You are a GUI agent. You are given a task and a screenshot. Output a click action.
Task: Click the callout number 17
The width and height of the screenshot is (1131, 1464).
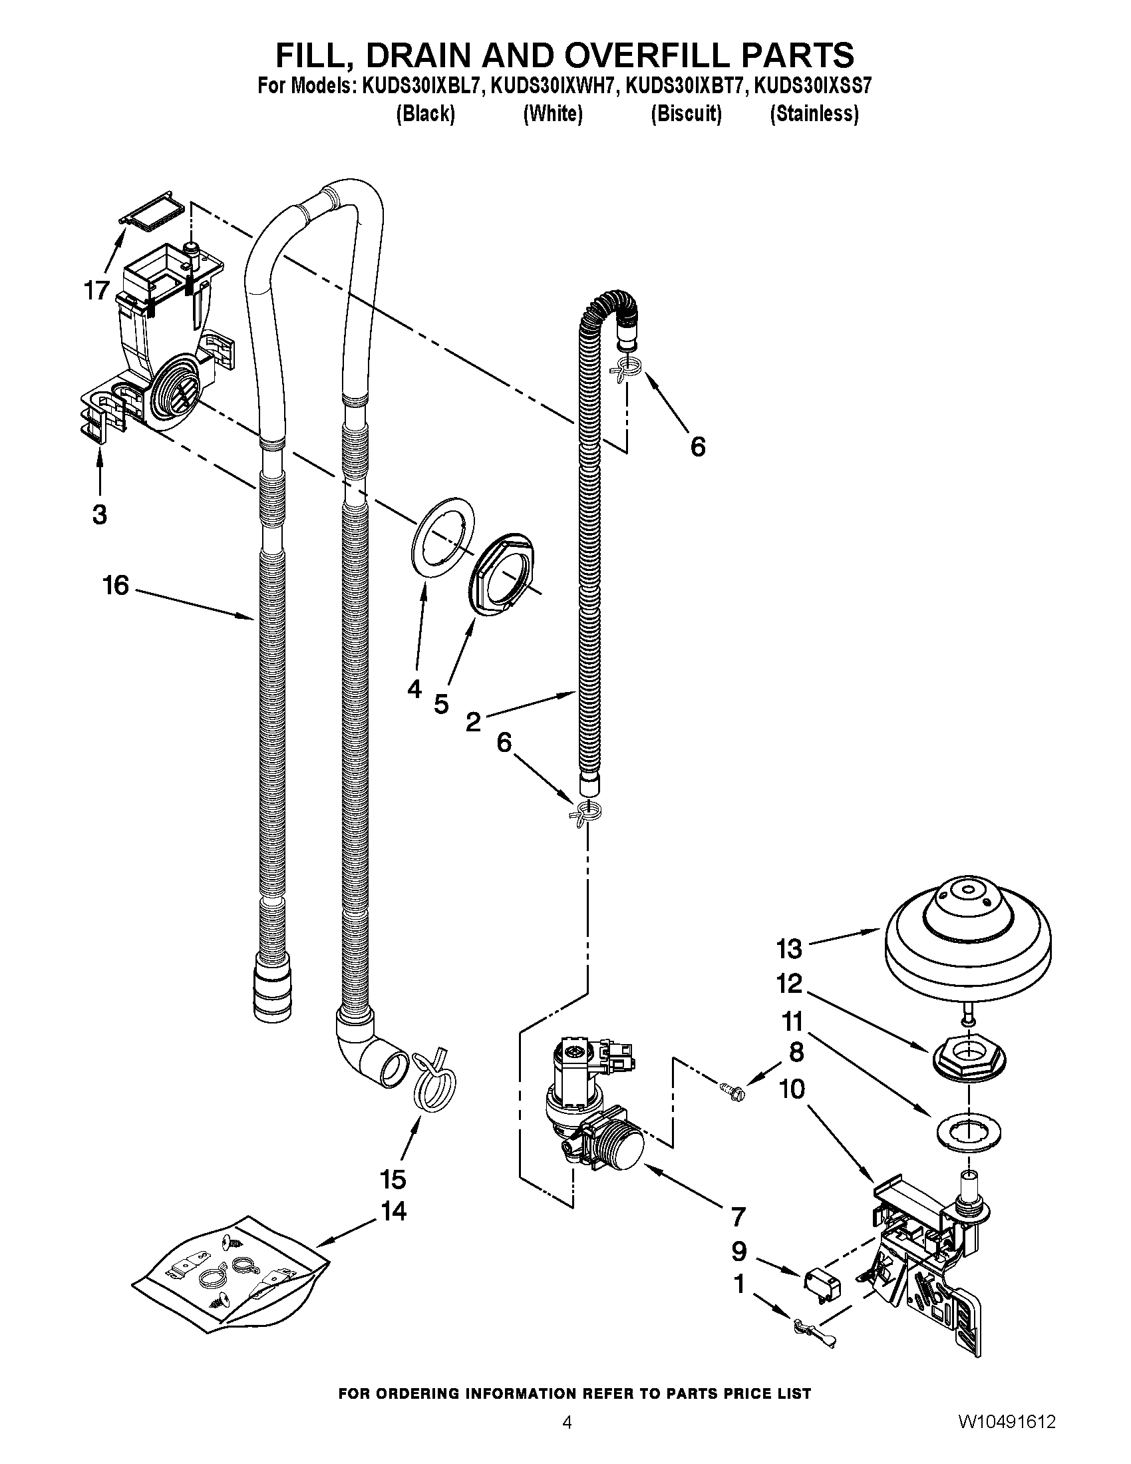coord(96,291)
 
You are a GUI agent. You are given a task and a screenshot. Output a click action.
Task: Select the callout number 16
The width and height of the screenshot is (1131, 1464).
coord(115,585)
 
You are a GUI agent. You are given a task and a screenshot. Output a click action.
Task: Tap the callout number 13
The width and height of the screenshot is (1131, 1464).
coord(788,948)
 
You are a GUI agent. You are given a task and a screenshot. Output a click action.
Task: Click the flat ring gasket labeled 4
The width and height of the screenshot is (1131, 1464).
coord(442,536)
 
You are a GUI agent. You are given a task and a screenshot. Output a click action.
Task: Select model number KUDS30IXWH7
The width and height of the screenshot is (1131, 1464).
coord(552,87)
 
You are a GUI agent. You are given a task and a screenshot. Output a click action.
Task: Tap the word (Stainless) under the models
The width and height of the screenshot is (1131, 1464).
coord(814,114)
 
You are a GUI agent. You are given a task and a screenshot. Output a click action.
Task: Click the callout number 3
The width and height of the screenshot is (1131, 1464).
coord(99,514)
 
